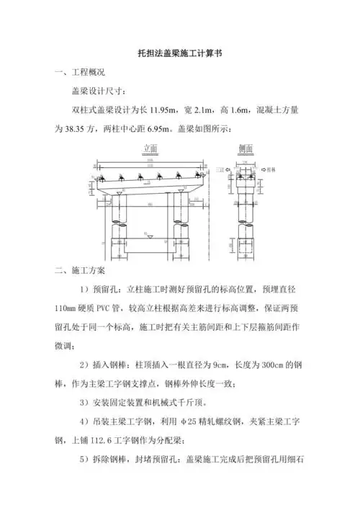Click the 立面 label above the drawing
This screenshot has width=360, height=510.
[150, 148]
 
